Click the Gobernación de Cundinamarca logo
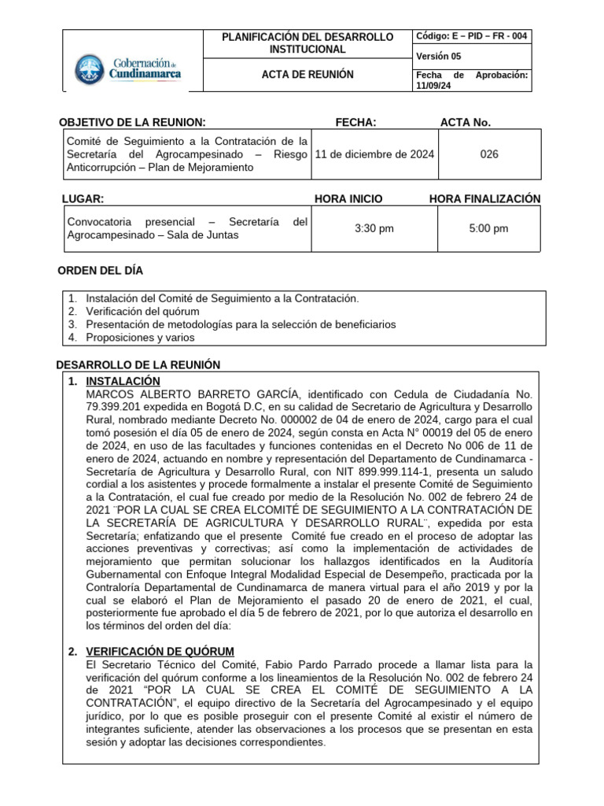coord(128,68)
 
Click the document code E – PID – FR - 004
coord(473,36)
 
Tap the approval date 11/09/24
coord(431,86)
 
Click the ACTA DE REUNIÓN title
coord(307,75)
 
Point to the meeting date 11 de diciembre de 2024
coord(376,154)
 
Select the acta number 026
coord(488,154)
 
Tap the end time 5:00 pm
coord(488,228)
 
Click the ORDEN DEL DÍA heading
coord(101,271)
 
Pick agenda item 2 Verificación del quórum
coord(142,311)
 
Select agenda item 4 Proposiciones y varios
coord(140,337)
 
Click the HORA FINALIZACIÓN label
coord(484,198)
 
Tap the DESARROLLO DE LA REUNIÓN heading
coord(139,364)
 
